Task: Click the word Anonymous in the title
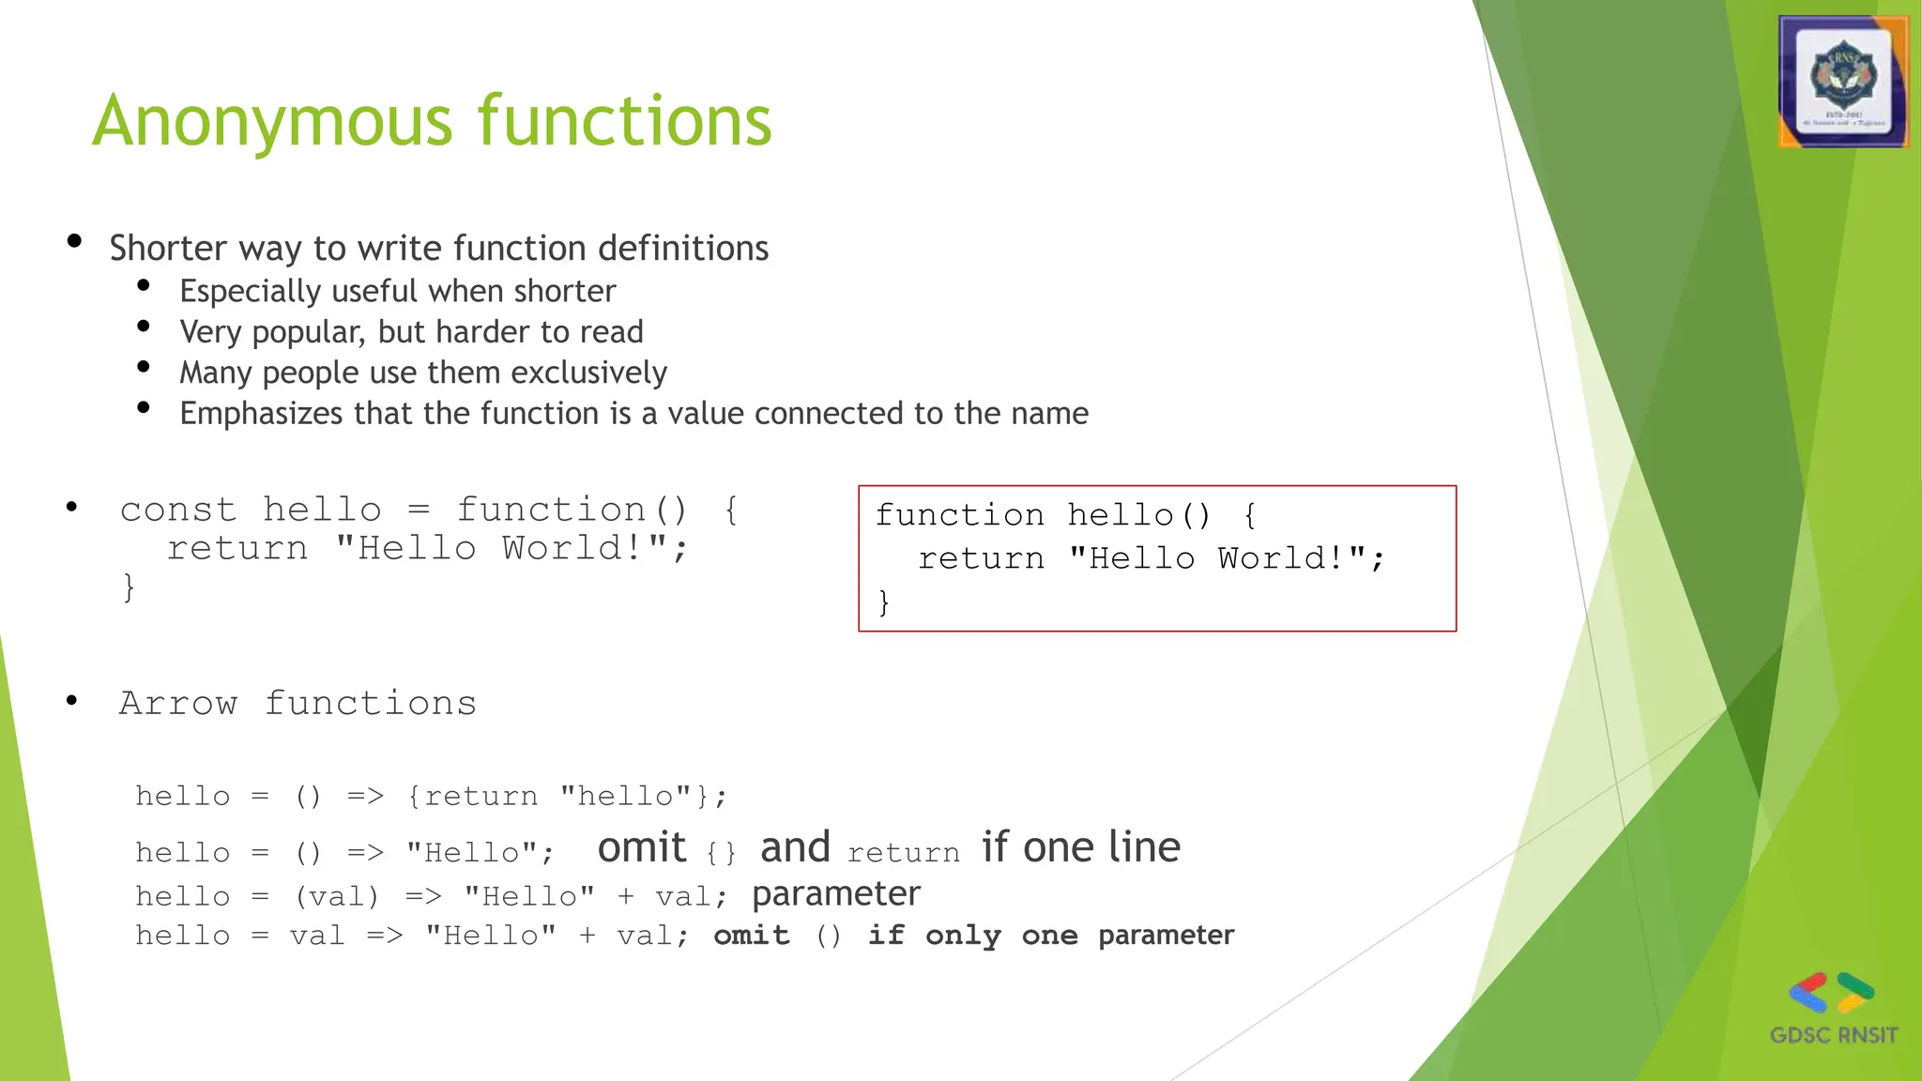(272, 122)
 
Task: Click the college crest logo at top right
(1843, 82)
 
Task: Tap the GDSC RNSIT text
(1833, 1035)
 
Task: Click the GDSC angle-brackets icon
(1831, 993)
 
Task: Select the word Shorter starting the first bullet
(168, 249)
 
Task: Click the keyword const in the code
(178, 510)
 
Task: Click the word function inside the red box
(959, 515)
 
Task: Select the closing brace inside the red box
(883, 601)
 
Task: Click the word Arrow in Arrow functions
(178, 704)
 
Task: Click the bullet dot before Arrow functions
(72, 700)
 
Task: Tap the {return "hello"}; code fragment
(567, 797)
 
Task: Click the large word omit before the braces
(642, 847)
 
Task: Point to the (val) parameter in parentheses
(337, 897)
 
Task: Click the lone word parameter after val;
(835, 893)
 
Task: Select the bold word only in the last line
(963, 936)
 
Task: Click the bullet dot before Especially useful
(144, 285)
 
